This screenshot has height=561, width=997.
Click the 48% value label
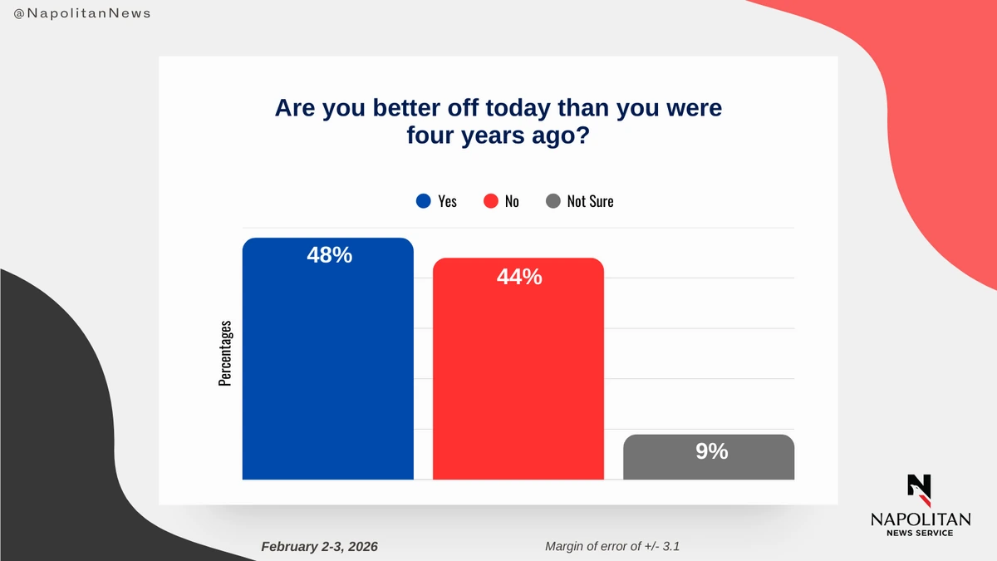[329, 255]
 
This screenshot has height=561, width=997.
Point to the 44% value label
[519, 277]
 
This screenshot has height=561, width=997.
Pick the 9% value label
[711, 451]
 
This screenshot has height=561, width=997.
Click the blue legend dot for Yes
[424, 201]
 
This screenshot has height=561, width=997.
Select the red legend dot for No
[490, 201]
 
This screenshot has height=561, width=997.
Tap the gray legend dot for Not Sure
[553, 201]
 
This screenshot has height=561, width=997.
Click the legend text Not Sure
[590, 201]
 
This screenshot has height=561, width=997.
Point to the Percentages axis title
[224, 353]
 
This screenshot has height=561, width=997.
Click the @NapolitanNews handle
[82, 14]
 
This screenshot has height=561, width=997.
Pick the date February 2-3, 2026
[319, 546]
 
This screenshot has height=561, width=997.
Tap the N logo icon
[920, 490]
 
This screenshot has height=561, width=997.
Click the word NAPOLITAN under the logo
[920, 519]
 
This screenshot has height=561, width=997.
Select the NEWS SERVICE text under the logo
[920, 534]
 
